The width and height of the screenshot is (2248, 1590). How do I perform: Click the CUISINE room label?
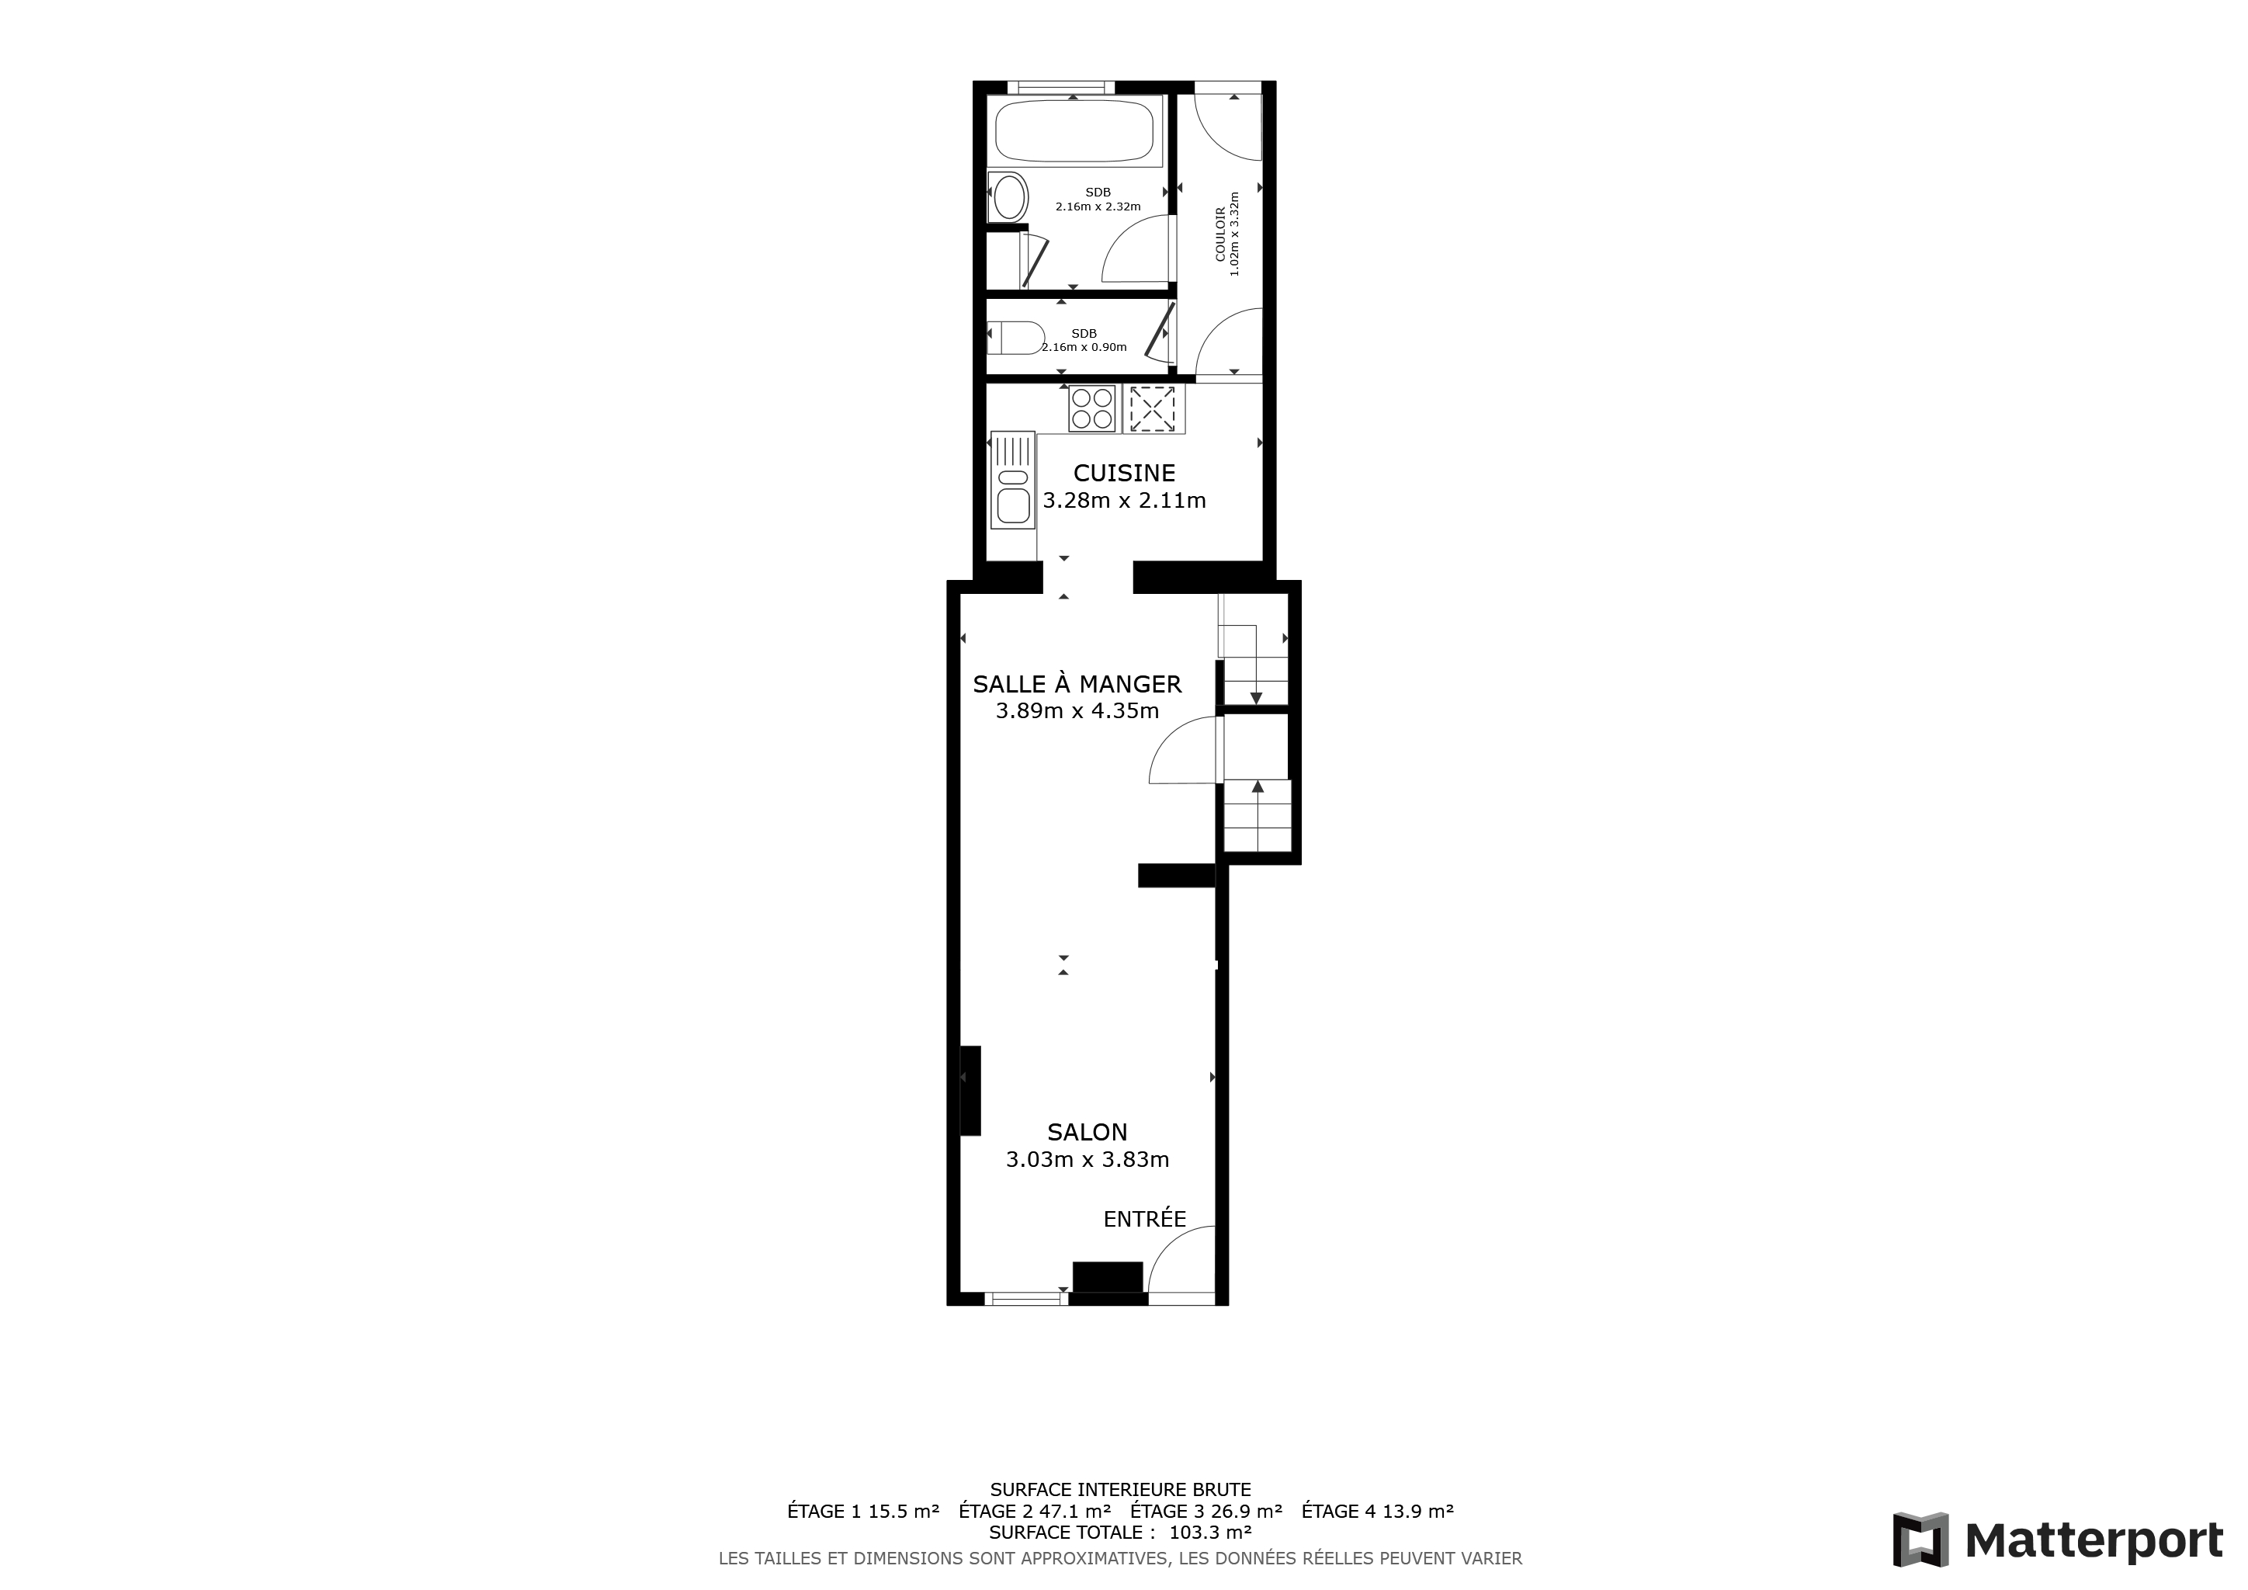(x=1124, y=473)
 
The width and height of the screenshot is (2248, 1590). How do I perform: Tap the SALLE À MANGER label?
(x=1077, y=683)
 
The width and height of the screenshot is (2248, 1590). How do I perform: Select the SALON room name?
(x=1087, y=1132)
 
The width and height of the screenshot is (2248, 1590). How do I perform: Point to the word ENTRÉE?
(x=1144, y=1219)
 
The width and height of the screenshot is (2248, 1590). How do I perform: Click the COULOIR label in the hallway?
(x=1220, y=234)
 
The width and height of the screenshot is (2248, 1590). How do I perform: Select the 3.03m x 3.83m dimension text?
(x=1087, y=1160)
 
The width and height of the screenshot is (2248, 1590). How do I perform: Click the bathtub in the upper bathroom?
(x=1074, y=130)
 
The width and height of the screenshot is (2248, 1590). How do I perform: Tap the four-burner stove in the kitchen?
(x=1091, y=409)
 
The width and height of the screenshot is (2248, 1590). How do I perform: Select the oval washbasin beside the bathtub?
(x=1009, y=196)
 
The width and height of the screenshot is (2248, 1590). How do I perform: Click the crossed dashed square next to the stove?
(x=1153, y=409)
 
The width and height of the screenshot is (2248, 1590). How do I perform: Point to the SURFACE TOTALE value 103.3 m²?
(x=1210, y=1533)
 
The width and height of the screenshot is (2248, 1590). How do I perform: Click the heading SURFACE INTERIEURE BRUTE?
(x=1120, y=1490)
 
